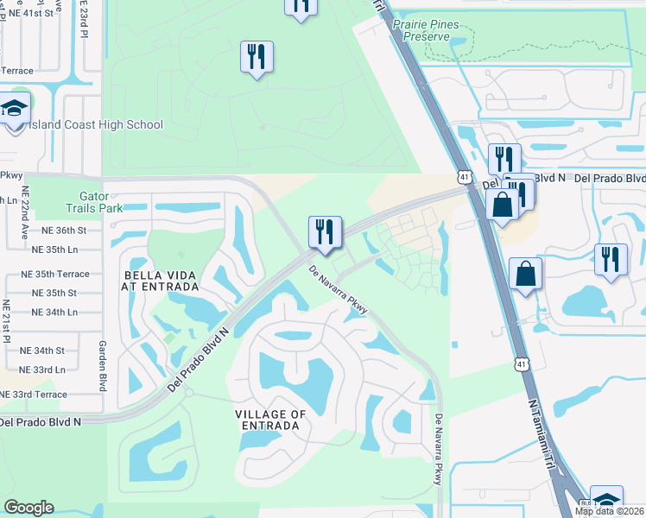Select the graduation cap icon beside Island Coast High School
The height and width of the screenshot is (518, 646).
(15, 111)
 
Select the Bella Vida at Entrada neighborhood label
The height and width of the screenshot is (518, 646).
(160, 280)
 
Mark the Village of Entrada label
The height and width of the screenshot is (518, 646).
(270, 420)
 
